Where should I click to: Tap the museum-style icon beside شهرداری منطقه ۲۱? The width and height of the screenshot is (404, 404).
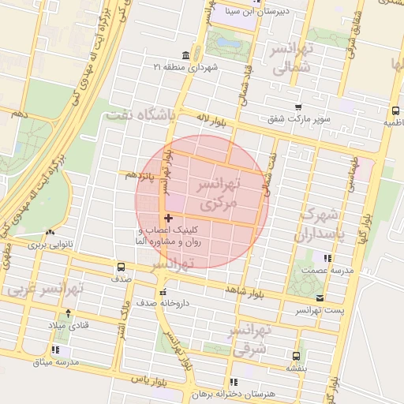tap(185, 55)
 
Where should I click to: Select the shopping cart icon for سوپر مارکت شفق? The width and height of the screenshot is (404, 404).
tap(297, 107)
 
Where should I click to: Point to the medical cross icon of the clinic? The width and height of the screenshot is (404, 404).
tap(168, 218)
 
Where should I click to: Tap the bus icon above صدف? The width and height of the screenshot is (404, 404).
tap(121, 267)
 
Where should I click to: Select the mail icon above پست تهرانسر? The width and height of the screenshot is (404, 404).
tap(320, 297)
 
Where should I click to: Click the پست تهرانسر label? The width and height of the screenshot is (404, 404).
tap(320, 310)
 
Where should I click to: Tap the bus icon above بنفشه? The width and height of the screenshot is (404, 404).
tap(296, 355)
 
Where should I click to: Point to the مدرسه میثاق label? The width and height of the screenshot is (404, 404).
tap(56, 361)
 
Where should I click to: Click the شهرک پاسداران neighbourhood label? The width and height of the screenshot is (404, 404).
tap(321, 225)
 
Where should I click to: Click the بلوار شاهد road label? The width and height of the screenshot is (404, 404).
tap(241, 290)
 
